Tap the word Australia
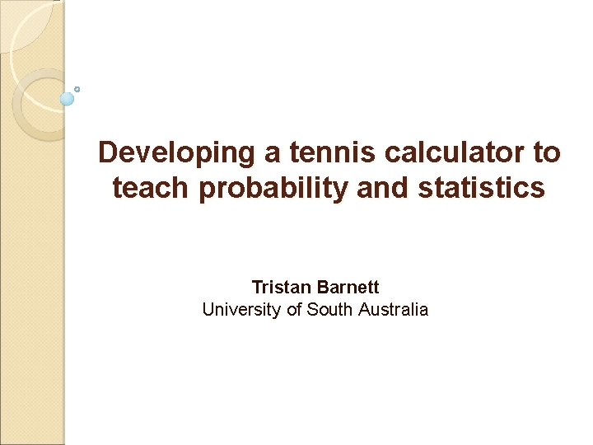tap(393, 310)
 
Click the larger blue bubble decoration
tap(68, 98)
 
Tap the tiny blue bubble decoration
tap(77, 88)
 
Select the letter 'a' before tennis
tap(277, 153)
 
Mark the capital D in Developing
tap(109, 152)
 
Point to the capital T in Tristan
tap(257, 288)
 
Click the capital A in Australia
tap(364, 310)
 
